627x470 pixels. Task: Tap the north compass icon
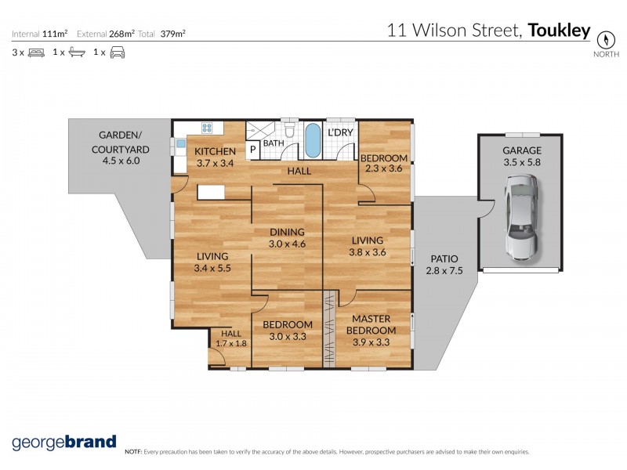point(604,39)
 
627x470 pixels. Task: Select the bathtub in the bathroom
point(313,140)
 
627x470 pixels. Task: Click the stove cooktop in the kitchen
point(208,128)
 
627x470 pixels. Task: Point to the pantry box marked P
point(254,149)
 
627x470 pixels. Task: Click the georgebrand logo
point(63,442)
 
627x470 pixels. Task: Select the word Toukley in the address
point(559,31)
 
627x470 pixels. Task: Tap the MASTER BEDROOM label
point(371,324)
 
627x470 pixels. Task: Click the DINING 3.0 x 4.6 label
point(286,238)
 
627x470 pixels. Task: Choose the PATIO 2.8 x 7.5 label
point(444,265)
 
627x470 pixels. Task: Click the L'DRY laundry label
point(340,132)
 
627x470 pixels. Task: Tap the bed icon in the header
point(35,52)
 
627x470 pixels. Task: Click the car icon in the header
point(117,52)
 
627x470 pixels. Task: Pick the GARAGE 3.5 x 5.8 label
point(522,155)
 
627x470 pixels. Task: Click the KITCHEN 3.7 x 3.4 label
point(216,157)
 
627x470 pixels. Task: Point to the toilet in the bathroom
point(288,130)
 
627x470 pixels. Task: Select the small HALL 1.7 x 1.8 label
point(231,338)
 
